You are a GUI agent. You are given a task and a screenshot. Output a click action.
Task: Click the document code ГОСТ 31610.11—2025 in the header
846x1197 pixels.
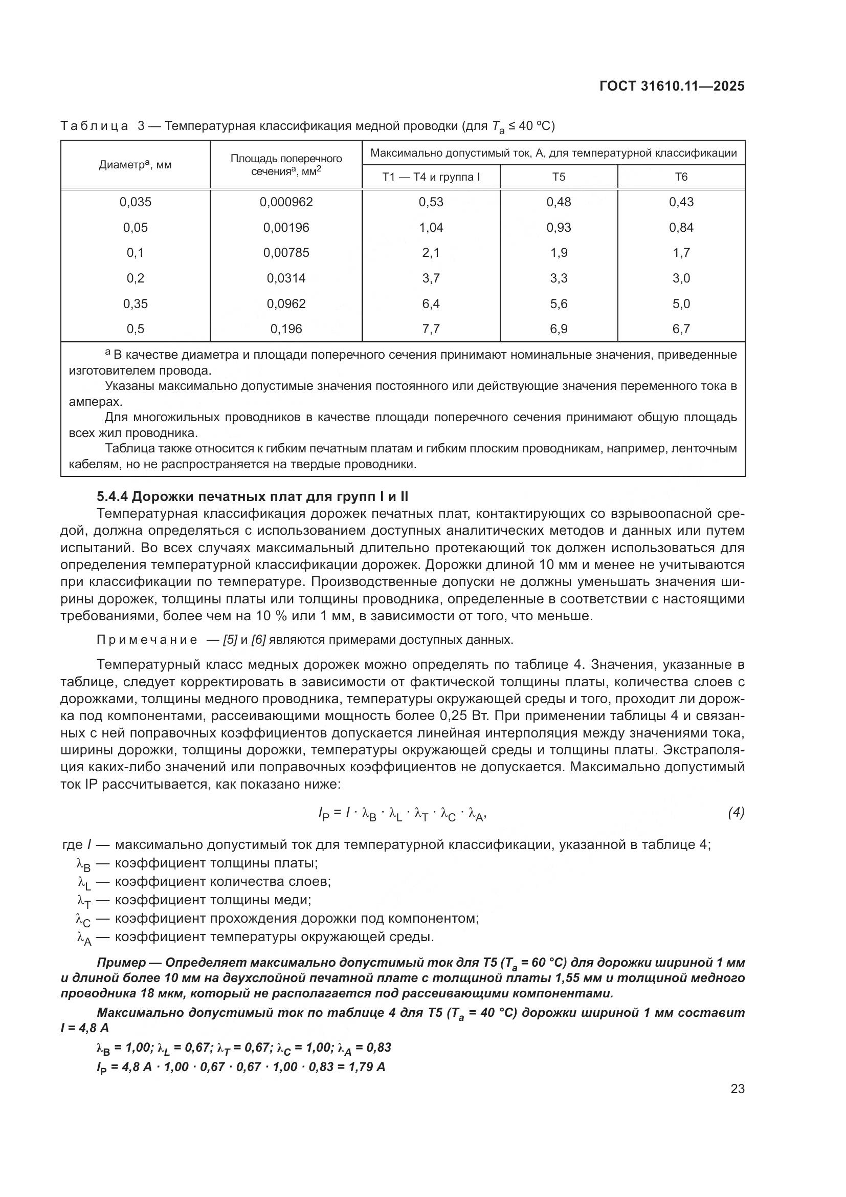coord(672,86)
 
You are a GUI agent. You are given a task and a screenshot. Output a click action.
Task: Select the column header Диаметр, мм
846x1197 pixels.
coord(135,165)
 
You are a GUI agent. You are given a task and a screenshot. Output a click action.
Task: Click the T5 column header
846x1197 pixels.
coord(559,177)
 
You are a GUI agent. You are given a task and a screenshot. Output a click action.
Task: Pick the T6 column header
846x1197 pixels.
coord(681,177)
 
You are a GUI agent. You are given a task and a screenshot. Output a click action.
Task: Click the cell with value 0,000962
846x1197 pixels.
coord(286,202)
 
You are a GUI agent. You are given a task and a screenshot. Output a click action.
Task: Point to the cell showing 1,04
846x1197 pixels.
coord(431,228)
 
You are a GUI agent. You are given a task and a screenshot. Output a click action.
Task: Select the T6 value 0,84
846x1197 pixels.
coord(681,228)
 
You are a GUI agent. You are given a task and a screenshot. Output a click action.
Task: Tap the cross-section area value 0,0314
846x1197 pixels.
coord(286,278)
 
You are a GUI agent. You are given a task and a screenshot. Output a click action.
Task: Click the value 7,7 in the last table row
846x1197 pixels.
coord(431,329)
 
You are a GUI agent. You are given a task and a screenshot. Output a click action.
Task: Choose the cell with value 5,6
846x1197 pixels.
coord(559,304)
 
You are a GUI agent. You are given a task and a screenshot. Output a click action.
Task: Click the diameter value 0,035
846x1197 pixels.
coord(135,202)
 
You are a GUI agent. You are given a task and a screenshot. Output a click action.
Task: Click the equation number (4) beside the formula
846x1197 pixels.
coord(736,812)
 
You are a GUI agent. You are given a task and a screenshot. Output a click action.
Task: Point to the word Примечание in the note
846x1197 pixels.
coord(147,640)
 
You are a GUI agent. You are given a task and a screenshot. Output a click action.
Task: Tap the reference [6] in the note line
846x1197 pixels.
coord(258,640)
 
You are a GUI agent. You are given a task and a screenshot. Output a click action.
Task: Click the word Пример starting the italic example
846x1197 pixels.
coord(121,963)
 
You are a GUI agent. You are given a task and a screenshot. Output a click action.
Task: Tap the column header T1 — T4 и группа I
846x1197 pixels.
coord(431,177)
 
